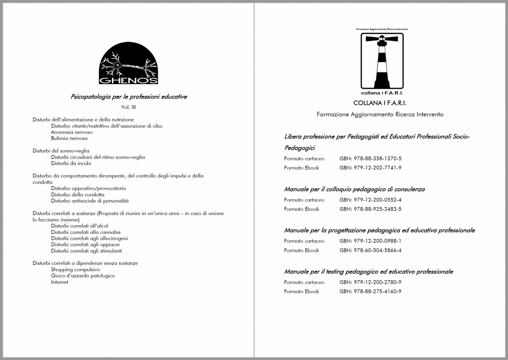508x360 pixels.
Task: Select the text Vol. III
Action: (128, 107)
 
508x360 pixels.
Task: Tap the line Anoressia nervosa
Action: (71, 132)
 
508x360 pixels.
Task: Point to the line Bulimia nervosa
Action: (69, 138)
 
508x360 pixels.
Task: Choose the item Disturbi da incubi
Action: (71, 163)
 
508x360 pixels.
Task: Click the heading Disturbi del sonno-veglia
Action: (61, 151)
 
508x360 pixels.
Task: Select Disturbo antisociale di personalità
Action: (89, 201)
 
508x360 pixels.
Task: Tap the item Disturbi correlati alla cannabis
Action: (85, 232)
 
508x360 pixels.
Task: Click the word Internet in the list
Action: (60, 282)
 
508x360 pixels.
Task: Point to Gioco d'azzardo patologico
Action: (82, 276)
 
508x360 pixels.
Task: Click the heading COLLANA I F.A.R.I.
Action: (380, 103)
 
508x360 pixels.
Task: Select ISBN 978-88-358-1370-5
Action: (370, 159)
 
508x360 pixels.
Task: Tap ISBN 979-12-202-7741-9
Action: (370, 168)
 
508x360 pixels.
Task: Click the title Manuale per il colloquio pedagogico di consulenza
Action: (354, 189)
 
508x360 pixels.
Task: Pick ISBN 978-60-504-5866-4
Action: (370, 250)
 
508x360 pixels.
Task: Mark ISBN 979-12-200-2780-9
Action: (370, 282)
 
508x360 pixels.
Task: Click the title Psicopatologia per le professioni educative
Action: (128, 97)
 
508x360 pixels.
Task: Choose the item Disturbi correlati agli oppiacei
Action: (85, 244)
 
